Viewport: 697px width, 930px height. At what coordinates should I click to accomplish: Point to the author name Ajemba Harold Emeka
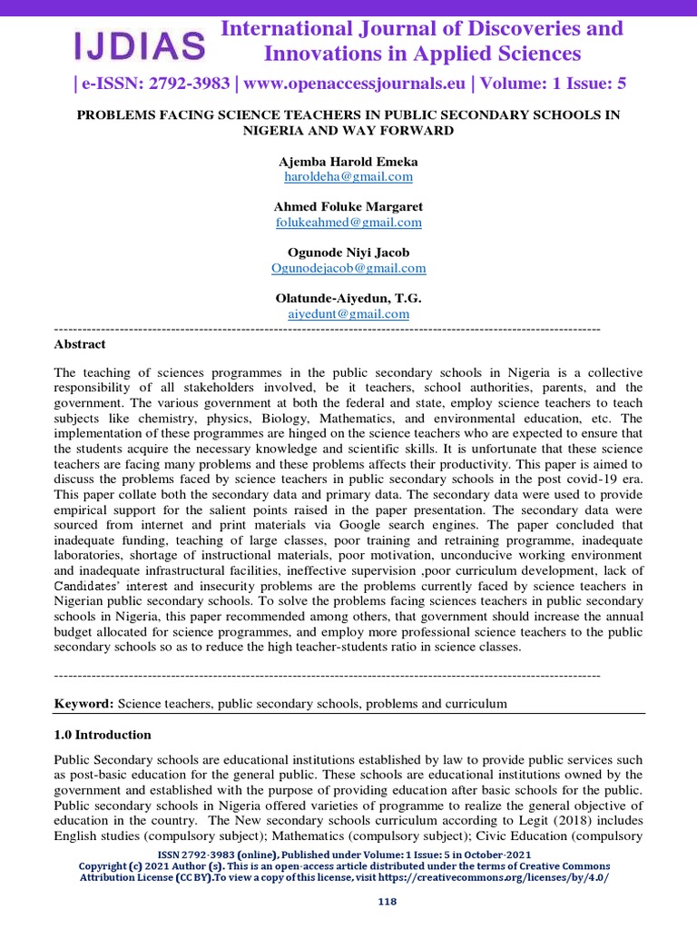[x=348, y=162]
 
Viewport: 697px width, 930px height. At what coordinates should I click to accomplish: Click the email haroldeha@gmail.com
[x=348, y=177]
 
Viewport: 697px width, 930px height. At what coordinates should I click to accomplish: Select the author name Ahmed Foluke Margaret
[x=348, y=207]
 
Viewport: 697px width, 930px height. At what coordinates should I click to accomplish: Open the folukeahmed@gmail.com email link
[x=348, y=223]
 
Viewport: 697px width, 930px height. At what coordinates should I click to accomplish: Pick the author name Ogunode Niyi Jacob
[x=348, y=253]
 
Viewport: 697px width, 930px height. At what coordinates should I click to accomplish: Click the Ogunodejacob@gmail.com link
[x=348, y=269]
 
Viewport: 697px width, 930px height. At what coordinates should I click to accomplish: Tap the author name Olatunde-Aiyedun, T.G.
[x=348, y=299]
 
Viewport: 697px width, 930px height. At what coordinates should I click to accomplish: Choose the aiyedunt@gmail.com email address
[x=348, y=314]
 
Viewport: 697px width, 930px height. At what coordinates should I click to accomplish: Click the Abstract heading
[x=80, y=344]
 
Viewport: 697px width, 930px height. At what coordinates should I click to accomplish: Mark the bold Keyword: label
[x=83, y=704]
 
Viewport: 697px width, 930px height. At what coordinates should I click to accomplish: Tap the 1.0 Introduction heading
[x=103, y=735]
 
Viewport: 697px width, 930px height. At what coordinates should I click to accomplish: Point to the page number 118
[x=388, y=902]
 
